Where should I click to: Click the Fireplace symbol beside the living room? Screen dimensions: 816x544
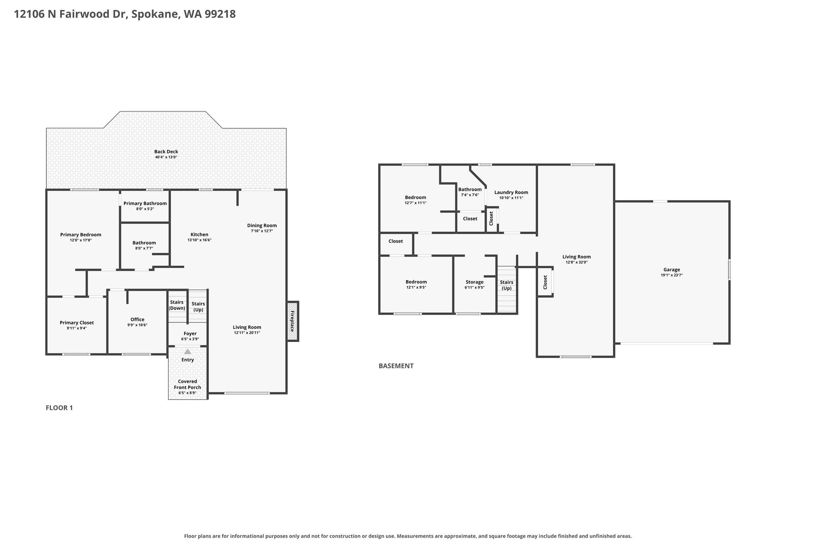click(292, 321)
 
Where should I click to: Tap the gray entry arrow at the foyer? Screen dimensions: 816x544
click(188, 352)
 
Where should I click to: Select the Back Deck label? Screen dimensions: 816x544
click(166, 151)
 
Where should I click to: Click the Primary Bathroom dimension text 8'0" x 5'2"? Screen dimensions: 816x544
click(145, 209)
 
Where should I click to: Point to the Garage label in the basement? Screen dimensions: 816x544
click(672, 269)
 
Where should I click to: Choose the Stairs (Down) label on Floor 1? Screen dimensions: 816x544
click(177, 305)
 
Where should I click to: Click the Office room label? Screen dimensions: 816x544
click(137, 319)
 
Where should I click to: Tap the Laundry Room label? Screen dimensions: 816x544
click(511, 192)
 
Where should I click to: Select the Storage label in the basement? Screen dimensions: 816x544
click(475, 282)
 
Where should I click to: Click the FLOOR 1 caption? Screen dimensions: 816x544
click(59, 408)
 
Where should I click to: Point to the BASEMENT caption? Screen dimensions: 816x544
click(396, 366)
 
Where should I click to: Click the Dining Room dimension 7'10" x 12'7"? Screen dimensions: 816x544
click(262, 231)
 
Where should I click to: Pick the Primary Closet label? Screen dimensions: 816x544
click(77, 323)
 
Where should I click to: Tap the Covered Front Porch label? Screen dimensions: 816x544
click(188, 384)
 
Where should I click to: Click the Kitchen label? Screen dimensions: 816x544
click(199, 234)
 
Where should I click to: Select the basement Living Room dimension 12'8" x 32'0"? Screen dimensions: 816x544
click(577, 262)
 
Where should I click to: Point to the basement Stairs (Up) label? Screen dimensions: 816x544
click(507, 285)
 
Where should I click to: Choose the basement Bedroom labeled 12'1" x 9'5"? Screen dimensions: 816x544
click(416, 282)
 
